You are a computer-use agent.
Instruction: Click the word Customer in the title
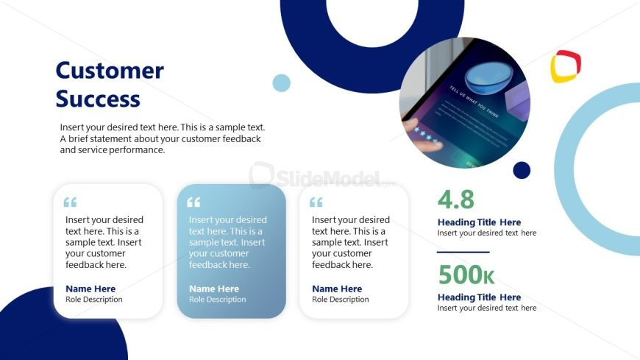pyautogui.click(x=110, y=71)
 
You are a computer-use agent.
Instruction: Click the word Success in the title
pyautogui.click(x=98, y=99)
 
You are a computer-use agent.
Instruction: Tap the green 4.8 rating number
pyautogui.click(x=456, y=200)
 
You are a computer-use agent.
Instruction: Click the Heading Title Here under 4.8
pyautogui.click(x=479, y=222)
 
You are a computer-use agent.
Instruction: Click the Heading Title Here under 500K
pyautogui.click(x=479, y=297)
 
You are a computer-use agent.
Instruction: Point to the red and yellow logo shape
pyautogui.click(x=566, y=66)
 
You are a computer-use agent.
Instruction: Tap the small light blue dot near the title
pyautogui.click(x=281, y=82)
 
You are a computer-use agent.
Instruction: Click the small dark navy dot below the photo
pyautogui.click(x=522, y=170)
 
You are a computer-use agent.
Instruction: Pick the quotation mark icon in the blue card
pyautogui.click(x=193, y=202)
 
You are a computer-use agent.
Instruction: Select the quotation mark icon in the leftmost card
pyautogui.click(x=70, y=202)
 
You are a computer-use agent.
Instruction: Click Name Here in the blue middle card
pyautogui.click(x=214, y=289)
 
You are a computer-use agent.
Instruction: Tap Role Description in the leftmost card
pyautogui.click(x=94, y=300)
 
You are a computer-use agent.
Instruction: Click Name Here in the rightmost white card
pyautogui.click(x=337, y=289)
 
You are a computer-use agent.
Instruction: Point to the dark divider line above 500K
pyautogui.click(x=463, y=252)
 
